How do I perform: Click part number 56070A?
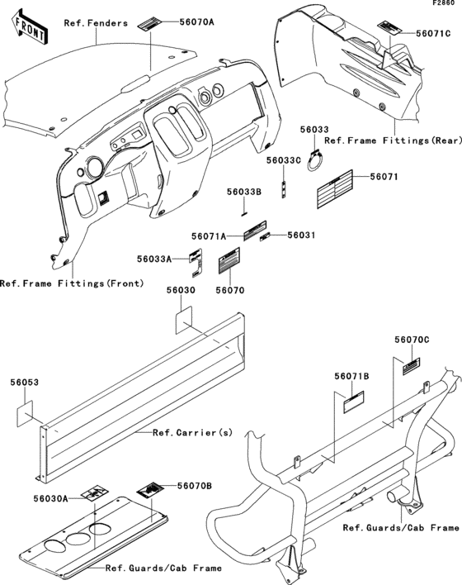click(x=196, y=22)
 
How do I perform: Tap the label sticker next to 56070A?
click(x=150, y=24)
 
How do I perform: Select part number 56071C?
click(x=433, y=34)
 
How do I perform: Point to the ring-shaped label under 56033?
click(x=315, y=160)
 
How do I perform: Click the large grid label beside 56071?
click(x=335, y=188)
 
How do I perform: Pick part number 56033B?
click(x=244, y=192)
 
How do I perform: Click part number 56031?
click(x=301, y=235)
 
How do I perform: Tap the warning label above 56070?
click(x=229, y=260)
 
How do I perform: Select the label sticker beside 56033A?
click(x=196, y=263)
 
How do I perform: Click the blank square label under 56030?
click(x=184, y=320)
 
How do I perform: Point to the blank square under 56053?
click(x=25, y=413)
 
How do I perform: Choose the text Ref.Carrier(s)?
click(x=192, y=432)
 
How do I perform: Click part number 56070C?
click(x=412, y=340)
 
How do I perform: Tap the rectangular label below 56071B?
click(x=353, y=402)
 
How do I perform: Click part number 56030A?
click(x=50, y=498)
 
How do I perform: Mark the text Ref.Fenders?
click(x=96, y=23)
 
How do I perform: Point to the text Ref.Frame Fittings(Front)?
click(x=72, y=283)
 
